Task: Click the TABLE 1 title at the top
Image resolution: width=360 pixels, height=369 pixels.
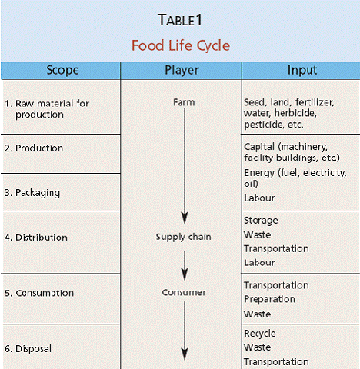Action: coord(180,20)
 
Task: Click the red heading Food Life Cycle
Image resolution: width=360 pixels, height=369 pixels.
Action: coord(181,45)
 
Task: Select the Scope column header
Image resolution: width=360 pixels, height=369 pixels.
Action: coord(62,70)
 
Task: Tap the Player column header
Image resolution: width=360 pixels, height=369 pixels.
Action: coord(182,70)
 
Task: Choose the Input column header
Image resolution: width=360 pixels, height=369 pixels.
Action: coord(302,70)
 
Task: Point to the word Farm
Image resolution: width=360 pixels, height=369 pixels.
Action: coord(184,102)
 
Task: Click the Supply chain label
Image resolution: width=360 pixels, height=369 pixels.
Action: coord(183,237)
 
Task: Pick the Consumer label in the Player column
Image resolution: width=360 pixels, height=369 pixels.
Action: coord(184,292)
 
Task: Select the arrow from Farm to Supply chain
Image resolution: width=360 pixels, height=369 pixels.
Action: coord(185,166)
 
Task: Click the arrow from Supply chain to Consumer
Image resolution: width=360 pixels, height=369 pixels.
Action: coord(185,265)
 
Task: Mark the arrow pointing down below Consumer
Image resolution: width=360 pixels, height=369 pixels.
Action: coord(185,331)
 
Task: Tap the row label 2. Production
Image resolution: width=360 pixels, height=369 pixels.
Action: coord(34,148)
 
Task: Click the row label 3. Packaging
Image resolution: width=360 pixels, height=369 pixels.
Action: coord(32,193)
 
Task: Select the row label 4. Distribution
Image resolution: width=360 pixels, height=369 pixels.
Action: coord(36,238)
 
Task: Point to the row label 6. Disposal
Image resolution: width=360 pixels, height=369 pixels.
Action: coord(28,349)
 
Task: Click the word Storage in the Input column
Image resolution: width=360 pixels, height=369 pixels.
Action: coord(261,221)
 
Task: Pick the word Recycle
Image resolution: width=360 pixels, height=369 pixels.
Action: coord(260,334)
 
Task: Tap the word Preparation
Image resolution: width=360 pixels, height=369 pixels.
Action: coord(269,299)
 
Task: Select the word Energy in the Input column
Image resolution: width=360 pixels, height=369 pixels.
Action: coord(259,173)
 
